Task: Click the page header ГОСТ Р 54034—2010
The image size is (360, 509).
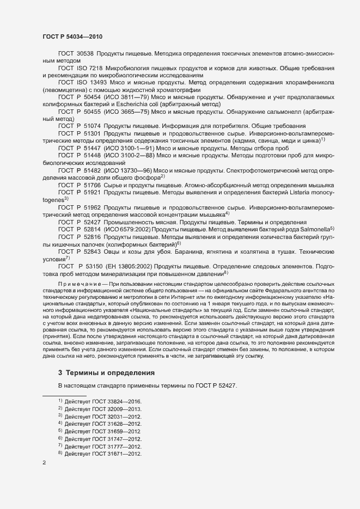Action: pos(72,36)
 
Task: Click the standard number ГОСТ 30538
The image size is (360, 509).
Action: pos(76,54)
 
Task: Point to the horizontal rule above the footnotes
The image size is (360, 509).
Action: pos(64,394)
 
